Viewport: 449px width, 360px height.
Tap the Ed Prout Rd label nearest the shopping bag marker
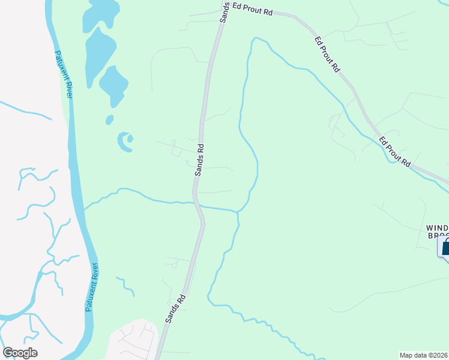click(x=394, y=151)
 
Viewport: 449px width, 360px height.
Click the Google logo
click(x=20, y=353)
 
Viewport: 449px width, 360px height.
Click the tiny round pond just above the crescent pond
click(x=109, y=120)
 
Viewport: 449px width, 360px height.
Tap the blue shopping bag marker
click(x=445, y=247)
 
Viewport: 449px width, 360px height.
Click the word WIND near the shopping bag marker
click(x=437, y=228)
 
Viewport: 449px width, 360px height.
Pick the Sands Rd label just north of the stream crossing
click(x=200, y=160)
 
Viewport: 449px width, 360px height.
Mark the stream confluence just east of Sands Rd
click(x=238, y=211)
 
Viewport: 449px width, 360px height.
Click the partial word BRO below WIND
click(x=438, y=236)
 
